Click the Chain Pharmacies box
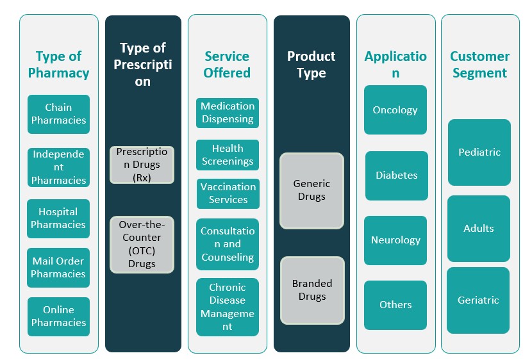pyautogui.click(x=58, y=114)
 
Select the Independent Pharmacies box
pyautogui.click(x=58, y=167)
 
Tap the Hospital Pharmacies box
pyautogui.click(x=58, y=218)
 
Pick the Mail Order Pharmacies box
pyautogui.click(x=58, y=268)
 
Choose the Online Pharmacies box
pyautogui.click(x=58, y=316)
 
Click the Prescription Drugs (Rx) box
pyautogui.click(x=142, y=165)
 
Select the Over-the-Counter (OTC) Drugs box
pyautogui.click(x=142, y=245)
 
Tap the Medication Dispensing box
pyautogui.click(x=228, y=113)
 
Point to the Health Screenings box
pyautogui.click(x=228, y=155)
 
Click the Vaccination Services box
pyautogui.click(x=228, y=193)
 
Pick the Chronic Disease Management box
pyautogui.click(x=228, y=307)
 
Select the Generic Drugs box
pyautogui.click(x=312, y=190)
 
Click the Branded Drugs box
pyautogui.click(x=312, y=290)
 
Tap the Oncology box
pyautogui.click(x=395, y=110)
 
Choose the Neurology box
pyautogui.click(x=395, y=240)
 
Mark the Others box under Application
pyautogui.click(x=395, y=305)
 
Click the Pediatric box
pyautogui.click(x=479, y=152)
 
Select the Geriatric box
pyautogui.click(x=478, y=300)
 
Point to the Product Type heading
pyautogui.click(x=312, y=65)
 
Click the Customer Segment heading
pyautogui.click(x=480, y=65)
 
